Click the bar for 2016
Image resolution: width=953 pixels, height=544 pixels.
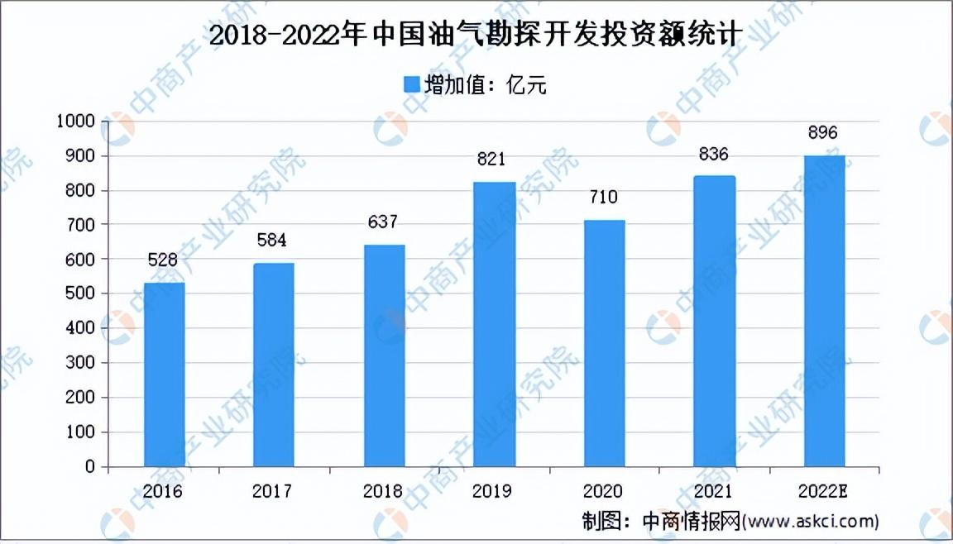(164, 375)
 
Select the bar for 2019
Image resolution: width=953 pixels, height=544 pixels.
(495, 324)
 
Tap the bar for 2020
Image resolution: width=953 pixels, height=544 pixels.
(604, 343)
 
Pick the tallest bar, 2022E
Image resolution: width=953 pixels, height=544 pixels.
(824, 311)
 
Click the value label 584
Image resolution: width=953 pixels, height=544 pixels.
(271, 241)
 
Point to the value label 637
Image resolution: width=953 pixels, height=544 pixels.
(382, 222)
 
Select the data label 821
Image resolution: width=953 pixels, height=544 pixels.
(491, 159)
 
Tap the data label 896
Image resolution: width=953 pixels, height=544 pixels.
(823, 132)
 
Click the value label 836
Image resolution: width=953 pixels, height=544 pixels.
(713, 155)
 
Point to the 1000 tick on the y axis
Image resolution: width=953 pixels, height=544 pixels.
(76, 121)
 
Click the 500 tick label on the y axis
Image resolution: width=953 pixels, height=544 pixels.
(81, 293)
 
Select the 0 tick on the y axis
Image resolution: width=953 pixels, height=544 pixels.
(90, 466)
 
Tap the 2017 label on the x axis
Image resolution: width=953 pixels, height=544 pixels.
(272, 490)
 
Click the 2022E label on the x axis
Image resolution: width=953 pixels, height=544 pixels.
(823, 490)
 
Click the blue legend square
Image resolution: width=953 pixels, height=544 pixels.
(412, 84)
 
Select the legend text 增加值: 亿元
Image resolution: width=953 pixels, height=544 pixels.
(485, 85)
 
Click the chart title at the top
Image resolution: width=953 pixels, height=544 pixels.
(476, 35)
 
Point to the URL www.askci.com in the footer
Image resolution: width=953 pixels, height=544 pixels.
(812, 521)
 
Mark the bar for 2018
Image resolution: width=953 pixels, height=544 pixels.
(384, 356)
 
